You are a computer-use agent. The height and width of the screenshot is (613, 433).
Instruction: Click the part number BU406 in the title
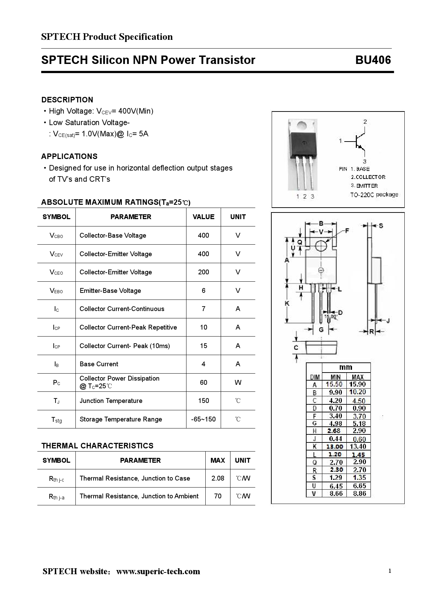(x=373, y=60)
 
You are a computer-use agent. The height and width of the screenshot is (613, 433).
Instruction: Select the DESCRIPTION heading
(x=67, y=100)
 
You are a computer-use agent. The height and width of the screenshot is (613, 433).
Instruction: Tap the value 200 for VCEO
(x=203, y=272)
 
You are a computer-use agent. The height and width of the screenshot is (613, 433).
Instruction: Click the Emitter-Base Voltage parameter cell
(x=110, y=291)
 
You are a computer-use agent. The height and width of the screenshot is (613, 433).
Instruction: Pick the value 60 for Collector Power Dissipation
(x=203, y=382)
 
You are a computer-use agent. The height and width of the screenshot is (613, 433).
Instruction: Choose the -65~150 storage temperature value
(x=203, y=419)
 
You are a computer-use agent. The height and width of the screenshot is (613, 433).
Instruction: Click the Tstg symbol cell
(x=56, y=419)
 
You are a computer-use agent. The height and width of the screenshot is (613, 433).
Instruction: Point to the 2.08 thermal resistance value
(x=218, y=478)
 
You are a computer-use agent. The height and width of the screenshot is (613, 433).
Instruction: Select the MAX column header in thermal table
(x=218, y=460)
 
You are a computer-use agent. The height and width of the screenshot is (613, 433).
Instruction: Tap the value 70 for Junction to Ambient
(x=218, y=496)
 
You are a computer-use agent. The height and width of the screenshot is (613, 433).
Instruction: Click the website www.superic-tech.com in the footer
(x=158, y=571)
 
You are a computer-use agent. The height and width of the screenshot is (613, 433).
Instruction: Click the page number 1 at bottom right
(x=390, y=571)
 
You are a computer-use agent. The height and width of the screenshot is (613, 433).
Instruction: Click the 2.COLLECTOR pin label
(x=368, y=177)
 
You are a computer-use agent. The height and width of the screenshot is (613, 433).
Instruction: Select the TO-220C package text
(x=374, y=195)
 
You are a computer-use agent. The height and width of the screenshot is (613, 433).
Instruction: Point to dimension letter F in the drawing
(x=347, y=231)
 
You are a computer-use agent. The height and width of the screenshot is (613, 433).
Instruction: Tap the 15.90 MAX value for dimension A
(x=358, y=384)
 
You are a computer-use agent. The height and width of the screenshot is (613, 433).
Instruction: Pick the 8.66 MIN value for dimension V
(x=336, y=493)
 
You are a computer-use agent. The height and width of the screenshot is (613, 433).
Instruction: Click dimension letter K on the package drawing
(x=287, y=303)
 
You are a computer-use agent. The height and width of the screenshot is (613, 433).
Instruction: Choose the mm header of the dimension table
(x=346, y=367)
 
